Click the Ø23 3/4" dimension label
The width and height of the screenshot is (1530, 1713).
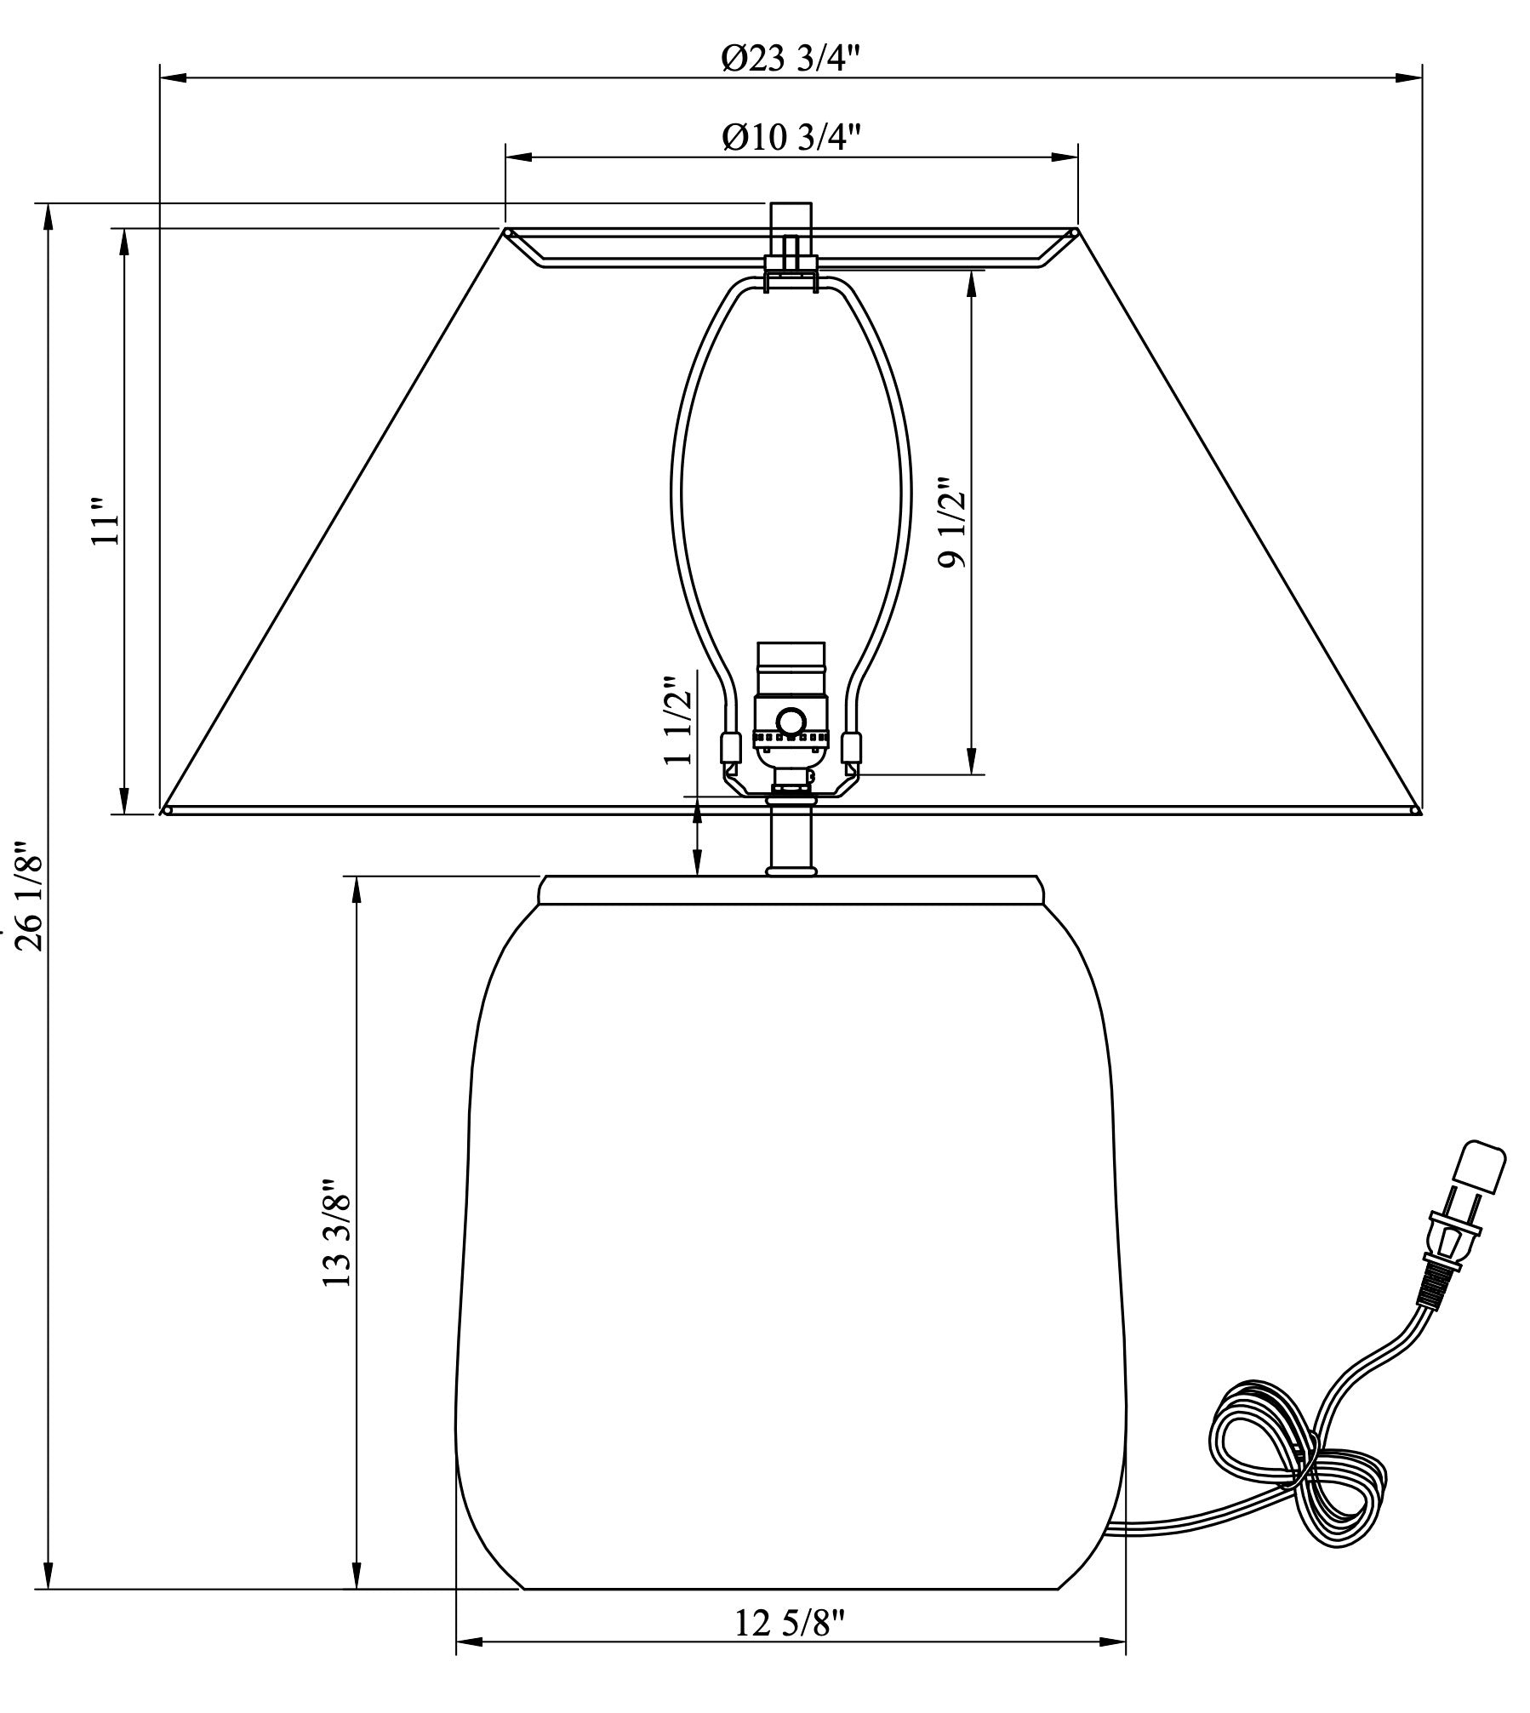(791, 60)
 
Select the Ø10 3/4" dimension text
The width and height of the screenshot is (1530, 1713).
(791, 137)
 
